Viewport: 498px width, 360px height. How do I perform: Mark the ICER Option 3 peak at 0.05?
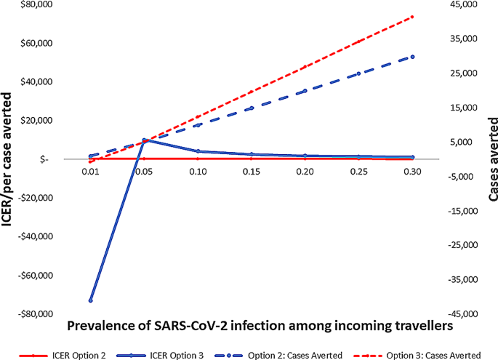click(x=144, y=140)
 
